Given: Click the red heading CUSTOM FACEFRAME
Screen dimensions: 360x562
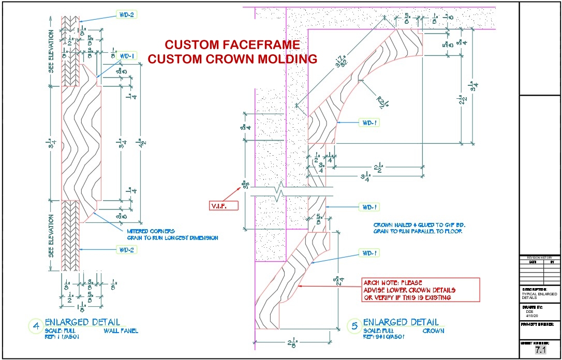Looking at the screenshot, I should (232, 44).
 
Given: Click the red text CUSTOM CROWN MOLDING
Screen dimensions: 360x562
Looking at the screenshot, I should (232, 59).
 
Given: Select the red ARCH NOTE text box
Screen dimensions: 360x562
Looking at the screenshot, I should (421, 290).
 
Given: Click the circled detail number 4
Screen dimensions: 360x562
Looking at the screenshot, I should (36, 326).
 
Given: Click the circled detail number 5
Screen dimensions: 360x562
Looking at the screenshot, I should (354, 326).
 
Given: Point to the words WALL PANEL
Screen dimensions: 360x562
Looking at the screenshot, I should (121, 331).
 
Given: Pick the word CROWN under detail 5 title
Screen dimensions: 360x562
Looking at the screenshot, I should (433, 331).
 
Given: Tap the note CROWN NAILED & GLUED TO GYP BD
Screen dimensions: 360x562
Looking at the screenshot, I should (418, 225).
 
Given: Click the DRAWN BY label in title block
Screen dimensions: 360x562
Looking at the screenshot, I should (533, 307).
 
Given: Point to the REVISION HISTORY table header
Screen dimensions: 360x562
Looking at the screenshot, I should (539, 258).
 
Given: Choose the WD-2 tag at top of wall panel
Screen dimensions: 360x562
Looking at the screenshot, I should (126, 15).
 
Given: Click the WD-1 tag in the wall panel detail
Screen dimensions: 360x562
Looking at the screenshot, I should (127, 56).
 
